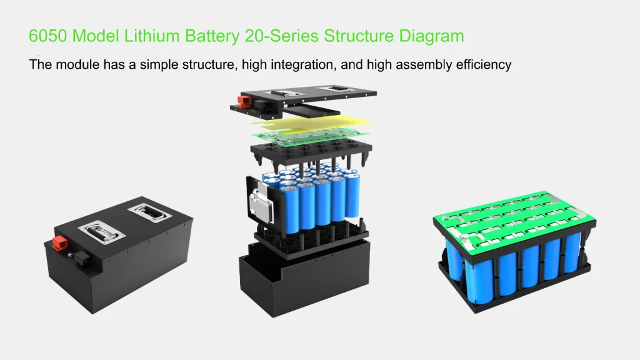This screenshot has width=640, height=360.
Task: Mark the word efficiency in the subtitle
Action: click(x=482, y=64)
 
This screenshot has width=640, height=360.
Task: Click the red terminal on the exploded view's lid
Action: click(x=244, y=101)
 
